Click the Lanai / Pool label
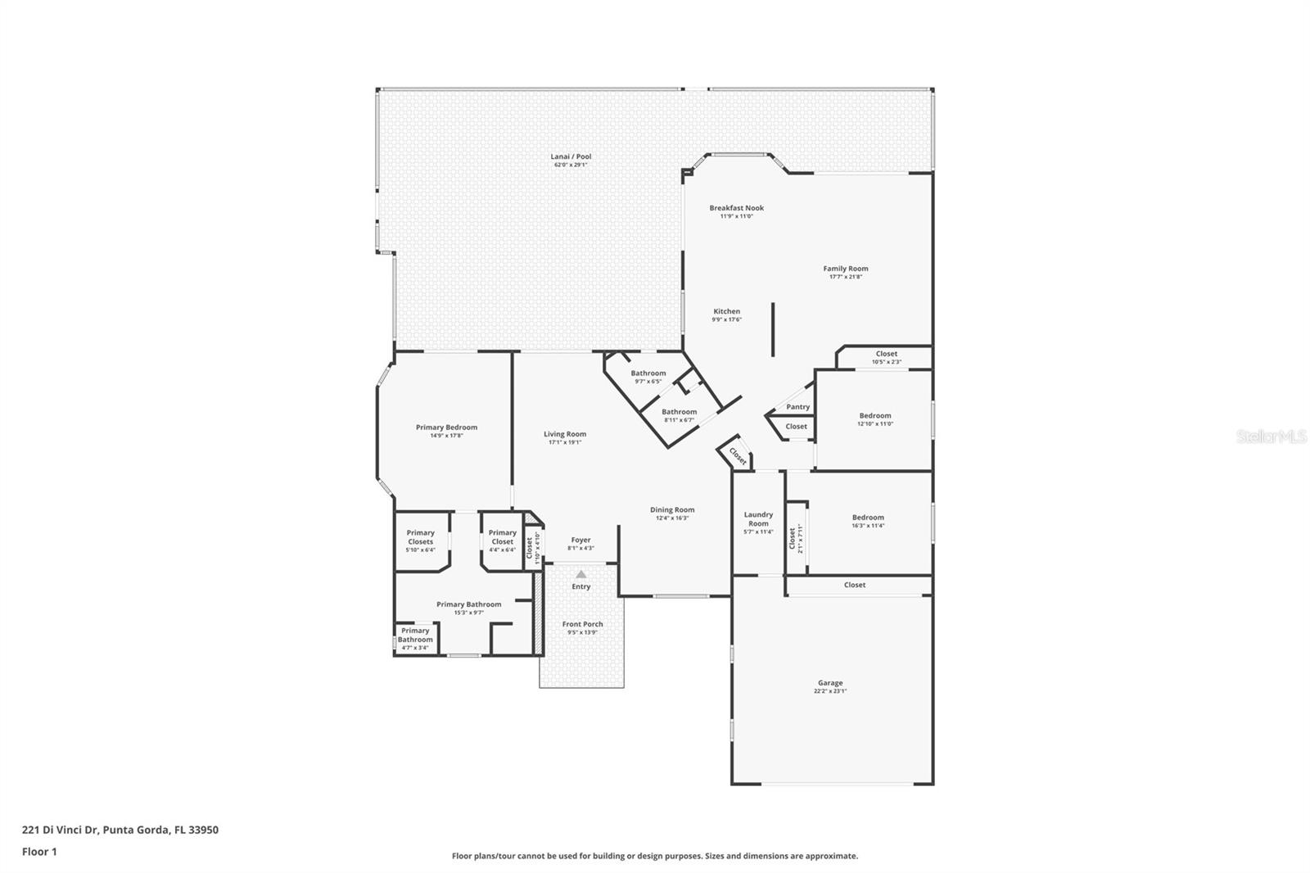(x=571, y=156)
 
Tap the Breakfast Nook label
(x=736, y=208)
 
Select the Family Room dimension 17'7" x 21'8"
(x=846, y=277)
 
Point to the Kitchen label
(x=726, y=311)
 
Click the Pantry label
(x=797, y=407)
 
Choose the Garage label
(x=829, y=682)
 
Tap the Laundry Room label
(x=758, y=519)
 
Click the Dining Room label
(x=672, y=509)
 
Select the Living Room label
(x=565, y=434)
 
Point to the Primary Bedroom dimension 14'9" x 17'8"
(x=446, y=436)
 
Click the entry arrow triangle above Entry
(x=580, y=575)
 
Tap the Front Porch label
(x=582, y=624)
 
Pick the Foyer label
(x=580, y=540)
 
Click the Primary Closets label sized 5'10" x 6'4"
(x=421, y=537)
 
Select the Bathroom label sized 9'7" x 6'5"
(x=648, y=373)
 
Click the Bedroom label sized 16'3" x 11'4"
(x=868, y=518)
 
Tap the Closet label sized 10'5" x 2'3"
(x=886, y=354)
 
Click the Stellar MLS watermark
(x=1272, y=436)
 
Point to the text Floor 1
(x=39, y=852)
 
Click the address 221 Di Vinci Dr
(x=60, y=830)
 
